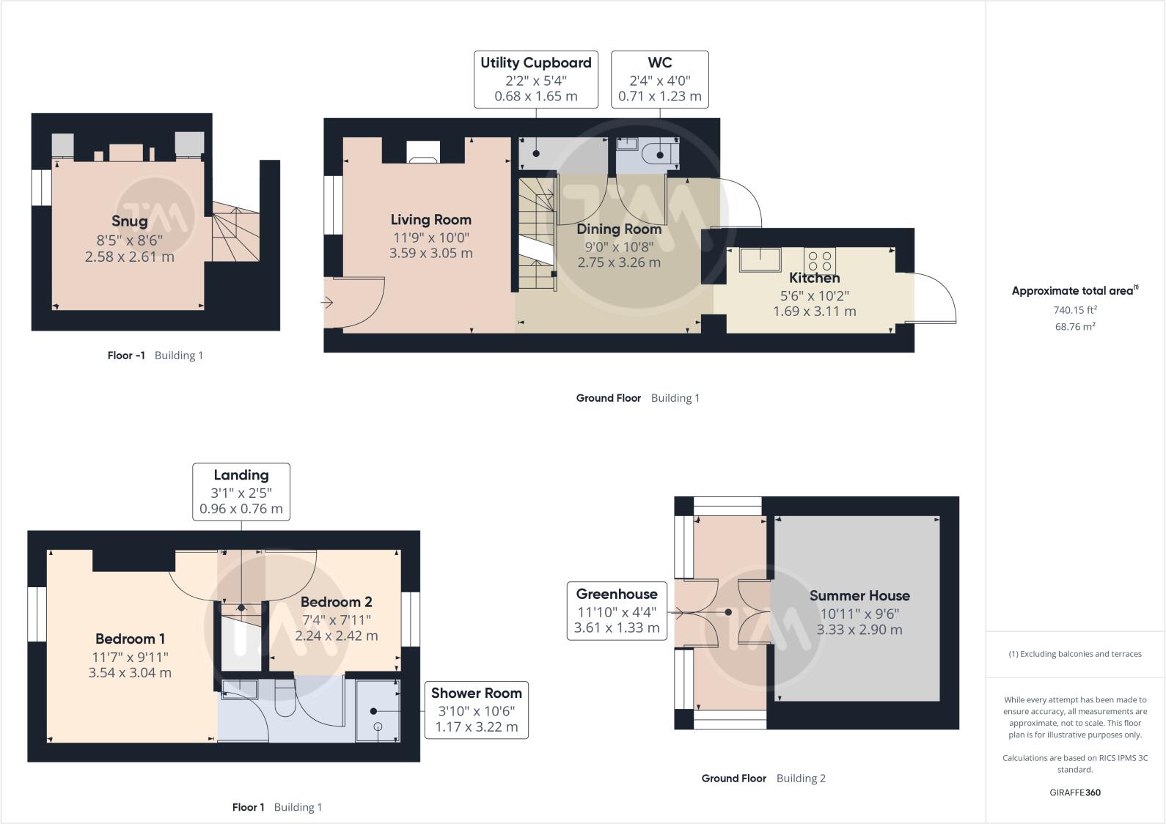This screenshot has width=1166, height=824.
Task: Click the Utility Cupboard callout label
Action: [535, 79]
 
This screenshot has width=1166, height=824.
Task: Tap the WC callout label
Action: [659, 79]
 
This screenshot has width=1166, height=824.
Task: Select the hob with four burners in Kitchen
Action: [819, 260]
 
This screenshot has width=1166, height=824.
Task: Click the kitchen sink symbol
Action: [760, 260]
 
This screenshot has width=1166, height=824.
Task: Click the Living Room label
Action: [430, 220]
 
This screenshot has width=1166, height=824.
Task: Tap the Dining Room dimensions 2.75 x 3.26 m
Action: [619, 262]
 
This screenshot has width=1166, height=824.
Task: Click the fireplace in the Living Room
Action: [423, 152]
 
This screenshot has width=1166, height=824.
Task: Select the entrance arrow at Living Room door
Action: [327, 301]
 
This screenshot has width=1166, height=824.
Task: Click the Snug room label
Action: [130, 221]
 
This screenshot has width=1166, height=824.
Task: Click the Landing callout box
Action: [241, 492]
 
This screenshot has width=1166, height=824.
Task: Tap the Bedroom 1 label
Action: [130, 639]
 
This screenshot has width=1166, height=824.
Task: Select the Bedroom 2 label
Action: [337, 602]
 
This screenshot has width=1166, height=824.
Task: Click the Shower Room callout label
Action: [476, 710]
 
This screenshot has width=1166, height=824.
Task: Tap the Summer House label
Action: [859, 596]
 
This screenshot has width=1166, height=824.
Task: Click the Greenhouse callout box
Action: [617, 611]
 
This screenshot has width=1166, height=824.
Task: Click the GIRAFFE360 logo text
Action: [1075, 792]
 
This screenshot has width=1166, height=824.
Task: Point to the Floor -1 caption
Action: [126, 356]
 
